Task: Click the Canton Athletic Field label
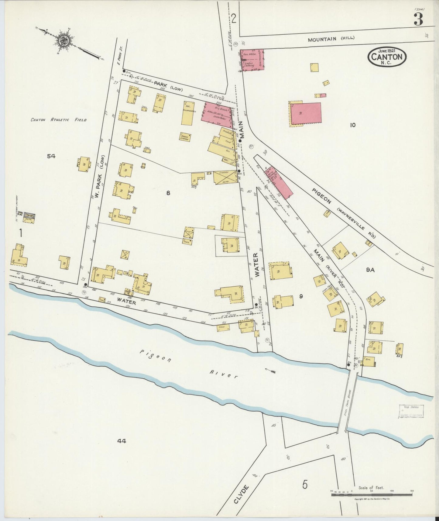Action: (x=59, y=120)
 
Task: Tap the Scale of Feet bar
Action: (x=372, y=495)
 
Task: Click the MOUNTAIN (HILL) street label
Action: (x=331, y=39)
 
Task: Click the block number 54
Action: (x=51, y=156)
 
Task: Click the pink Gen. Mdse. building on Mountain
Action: (x=252, y=60)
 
